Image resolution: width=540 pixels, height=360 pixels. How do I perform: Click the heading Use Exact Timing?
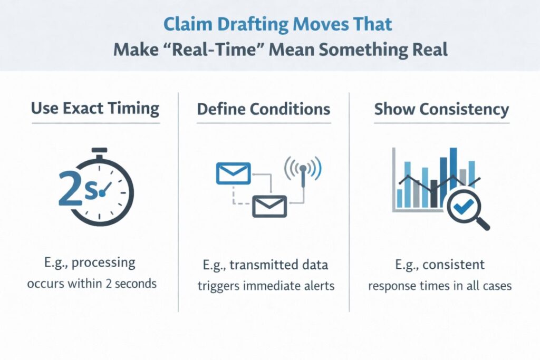coord(95,109)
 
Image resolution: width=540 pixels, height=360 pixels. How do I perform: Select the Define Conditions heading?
coord(264,109)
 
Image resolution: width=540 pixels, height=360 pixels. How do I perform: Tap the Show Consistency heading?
coord(441,109)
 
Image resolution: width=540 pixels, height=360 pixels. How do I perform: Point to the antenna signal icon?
coord(303,170)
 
